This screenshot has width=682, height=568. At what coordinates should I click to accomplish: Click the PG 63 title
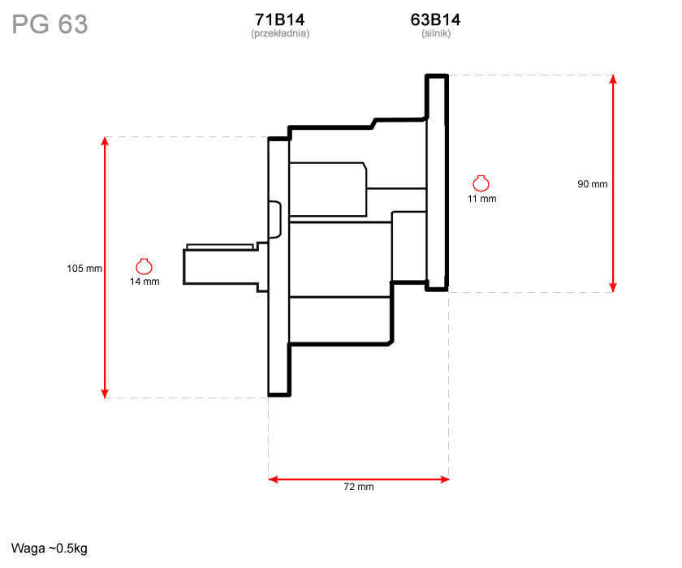(50, 24)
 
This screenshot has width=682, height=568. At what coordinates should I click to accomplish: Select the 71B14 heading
(279, 19)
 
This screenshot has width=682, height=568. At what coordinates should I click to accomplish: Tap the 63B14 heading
(435, 19)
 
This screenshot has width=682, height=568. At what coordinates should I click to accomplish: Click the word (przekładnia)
(280, 33)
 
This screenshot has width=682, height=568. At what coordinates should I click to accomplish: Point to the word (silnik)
(436, 33)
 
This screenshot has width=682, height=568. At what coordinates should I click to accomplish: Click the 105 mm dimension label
(84, 269)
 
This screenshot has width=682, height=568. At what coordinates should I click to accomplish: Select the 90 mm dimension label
(593, 184)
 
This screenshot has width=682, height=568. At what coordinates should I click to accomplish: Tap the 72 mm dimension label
(359, 487)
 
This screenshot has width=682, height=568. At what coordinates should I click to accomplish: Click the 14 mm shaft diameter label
(145, 282)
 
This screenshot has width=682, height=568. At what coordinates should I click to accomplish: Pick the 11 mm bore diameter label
(482, 199)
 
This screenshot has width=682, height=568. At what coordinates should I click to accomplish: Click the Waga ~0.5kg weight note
(50, 549)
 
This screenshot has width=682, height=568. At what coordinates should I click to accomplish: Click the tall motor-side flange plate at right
(437, 183)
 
